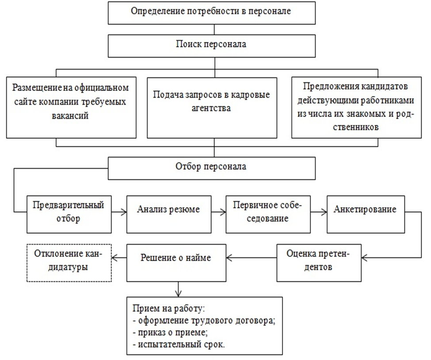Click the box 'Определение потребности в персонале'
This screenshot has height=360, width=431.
click(x=212, y=12)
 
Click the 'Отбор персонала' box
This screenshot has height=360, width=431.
click(x=212, y=168)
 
